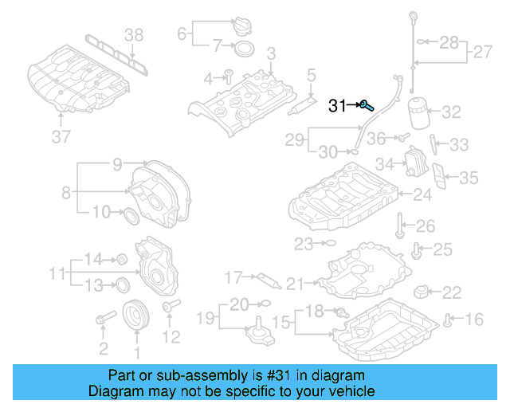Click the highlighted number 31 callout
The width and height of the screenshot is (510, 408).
coord(338,104)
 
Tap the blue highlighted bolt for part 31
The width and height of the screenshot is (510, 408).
coord(364,104)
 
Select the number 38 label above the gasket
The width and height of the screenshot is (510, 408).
coord(134,33)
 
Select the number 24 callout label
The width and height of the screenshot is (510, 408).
coord(422,194)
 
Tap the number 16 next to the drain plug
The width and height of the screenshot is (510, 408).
coord(474,320)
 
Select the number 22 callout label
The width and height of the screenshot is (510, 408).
coord(451,292)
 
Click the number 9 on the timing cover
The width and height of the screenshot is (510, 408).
coord(117,165)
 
